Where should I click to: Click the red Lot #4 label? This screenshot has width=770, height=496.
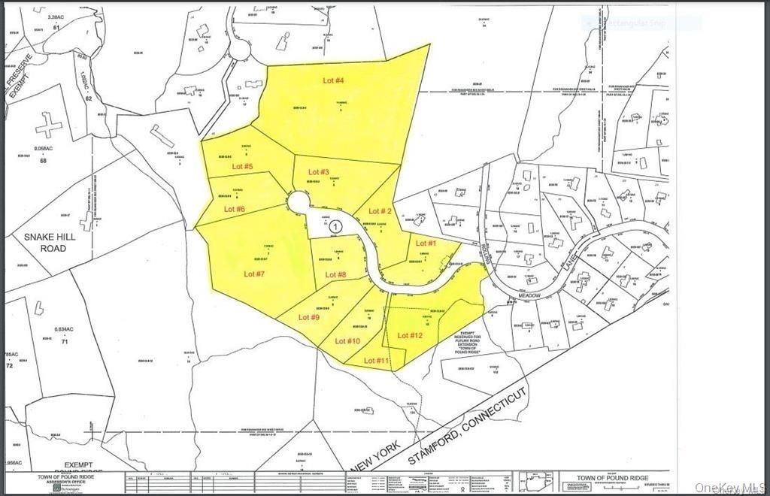(334, 80)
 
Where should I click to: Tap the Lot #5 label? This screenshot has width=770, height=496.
(242, 166)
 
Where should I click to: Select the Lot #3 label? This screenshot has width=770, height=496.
(319, 172)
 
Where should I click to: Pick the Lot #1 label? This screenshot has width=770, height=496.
(426, 243)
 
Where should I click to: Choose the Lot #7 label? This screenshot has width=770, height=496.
(254, 274)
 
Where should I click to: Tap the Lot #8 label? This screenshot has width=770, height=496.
(335, 274)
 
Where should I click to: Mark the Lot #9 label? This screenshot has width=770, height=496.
(309, 317)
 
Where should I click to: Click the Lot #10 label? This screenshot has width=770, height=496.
(347, 340)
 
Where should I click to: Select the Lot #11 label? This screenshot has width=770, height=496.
(377, 361)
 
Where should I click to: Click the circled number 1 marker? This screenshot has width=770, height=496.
(336, 225)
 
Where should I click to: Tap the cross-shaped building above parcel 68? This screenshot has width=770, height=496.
(49, 124)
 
